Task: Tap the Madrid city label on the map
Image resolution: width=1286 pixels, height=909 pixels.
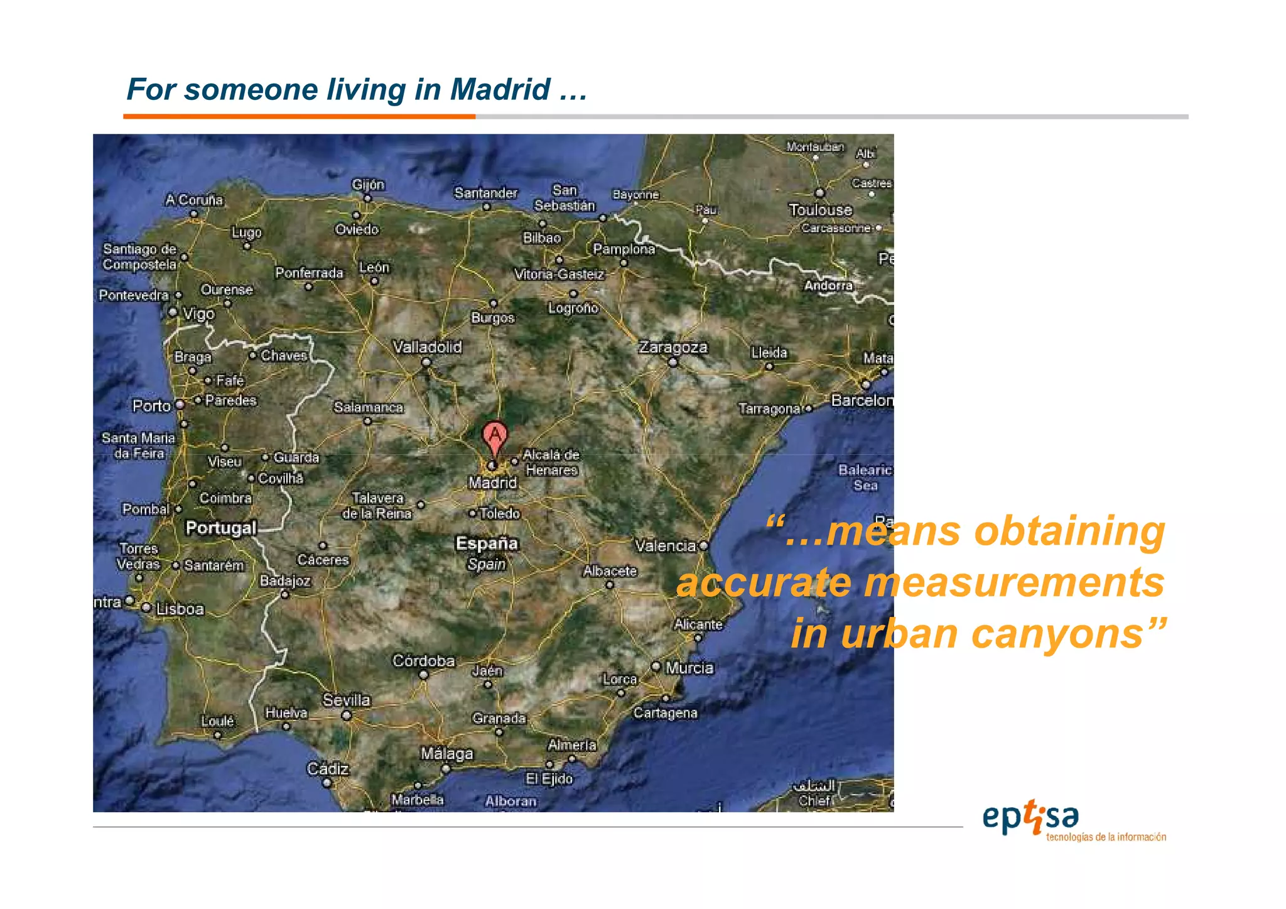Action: (x=493, y=482)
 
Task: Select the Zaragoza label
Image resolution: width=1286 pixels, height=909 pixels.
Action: (x=673, y=347)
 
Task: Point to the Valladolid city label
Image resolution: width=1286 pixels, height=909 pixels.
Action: (x=427, y=347)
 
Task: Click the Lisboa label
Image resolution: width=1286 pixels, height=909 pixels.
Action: (x=180, y=609)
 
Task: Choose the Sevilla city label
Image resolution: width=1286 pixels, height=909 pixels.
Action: (x=347, y=700)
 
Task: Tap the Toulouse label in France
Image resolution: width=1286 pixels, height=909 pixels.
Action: (x=820, y=210)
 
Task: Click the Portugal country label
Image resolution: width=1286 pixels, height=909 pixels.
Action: (x=221, y=528)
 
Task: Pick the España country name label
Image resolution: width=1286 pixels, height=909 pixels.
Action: (x=487, y=543)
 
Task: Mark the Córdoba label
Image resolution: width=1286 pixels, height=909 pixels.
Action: (x=423, y=661)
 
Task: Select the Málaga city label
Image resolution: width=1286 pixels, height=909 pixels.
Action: (x=446, y=753)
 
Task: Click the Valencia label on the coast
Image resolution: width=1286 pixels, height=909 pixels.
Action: (x=666, y=546)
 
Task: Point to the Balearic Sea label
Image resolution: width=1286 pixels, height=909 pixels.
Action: (x=865, y=477)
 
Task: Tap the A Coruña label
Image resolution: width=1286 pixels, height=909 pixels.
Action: (x=194, y=200)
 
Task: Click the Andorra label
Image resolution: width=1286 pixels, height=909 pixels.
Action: (x=828, y=285)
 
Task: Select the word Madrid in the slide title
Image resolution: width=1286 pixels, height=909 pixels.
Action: (x=500, y=89)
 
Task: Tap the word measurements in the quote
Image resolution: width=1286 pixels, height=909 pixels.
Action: (x=1014, y=582)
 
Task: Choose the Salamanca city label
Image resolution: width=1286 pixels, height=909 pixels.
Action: (x=369, y=407)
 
